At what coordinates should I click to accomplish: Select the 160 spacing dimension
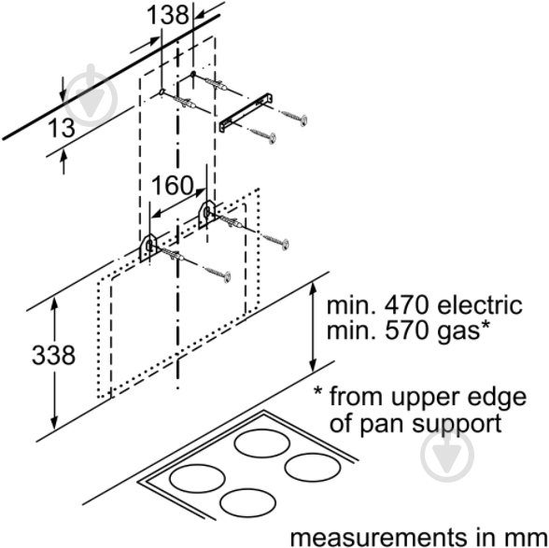(173, 186)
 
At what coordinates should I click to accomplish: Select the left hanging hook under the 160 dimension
(149, 246)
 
